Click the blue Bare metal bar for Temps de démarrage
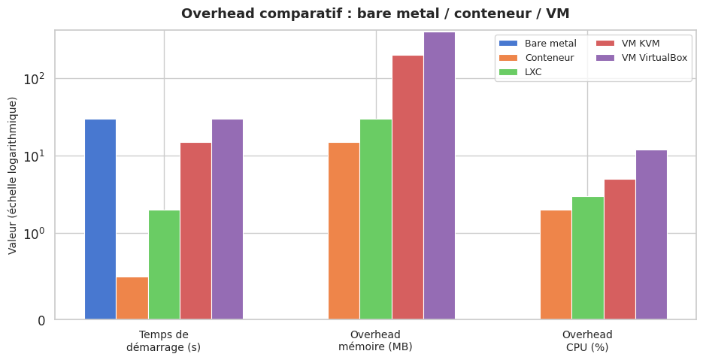click(100, 219)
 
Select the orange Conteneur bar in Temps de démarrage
click(132, 298)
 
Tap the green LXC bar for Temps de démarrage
click(164, 265)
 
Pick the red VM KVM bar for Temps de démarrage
click(195, 231)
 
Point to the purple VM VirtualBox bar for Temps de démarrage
click(227, 219)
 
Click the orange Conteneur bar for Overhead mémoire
click(344, 231)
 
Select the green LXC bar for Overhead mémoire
click(376, 219)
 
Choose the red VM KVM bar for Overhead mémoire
click(408, 187)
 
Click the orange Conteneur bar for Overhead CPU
click(556, 265)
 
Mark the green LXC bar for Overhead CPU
click(587, 258)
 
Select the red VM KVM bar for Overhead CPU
click(620, 249)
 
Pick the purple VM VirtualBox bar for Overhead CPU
click(651, 234)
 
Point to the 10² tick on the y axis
click(35, 79)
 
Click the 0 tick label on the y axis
click(42, 320)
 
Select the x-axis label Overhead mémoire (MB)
click(375, 340)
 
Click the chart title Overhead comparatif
click(375, 14)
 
